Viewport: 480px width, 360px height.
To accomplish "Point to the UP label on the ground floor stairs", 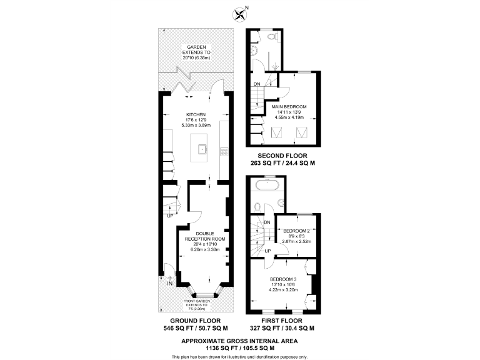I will click(169, 216).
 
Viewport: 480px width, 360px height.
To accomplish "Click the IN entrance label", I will click(169, 283).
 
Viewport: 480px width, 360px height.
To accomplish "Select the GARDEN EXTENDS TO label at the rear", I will click(196, 52).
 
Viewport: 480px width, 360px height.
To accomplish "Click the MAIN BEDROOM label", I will click(292, 106).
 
